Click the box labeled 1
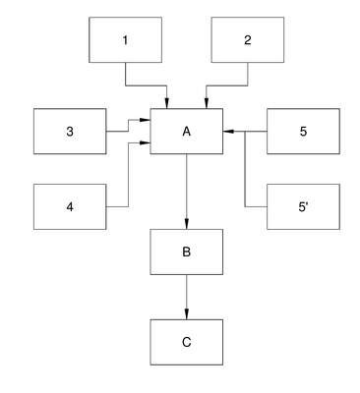pos(125,39)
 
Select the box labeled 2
pos(248,39)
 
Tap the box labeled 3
pos(70,132)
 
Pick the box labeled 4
pos(70,206)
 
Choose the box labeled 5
pos(303,132)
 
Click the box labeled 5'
pos(303,206)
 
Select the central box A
pos(187,132)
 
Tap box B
pos(187,252)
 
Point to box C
pos(187,342)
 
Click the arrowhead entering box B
pos(187,224)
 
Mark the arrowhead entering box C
pos(187,314)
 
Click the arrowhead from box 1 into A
pos(167,103)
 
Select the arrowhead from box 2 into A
pos(207,103)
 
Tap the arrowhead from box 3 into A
pos(145,120)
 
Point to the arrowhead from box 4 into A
pos(145,142)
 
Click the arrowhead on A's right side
pos(228,132)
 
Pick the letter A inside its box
pos(187,132)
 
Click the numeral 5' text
pos(302,207)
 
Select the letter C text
pos(187,342)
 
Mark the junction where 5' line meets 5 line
pos(245,132)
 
